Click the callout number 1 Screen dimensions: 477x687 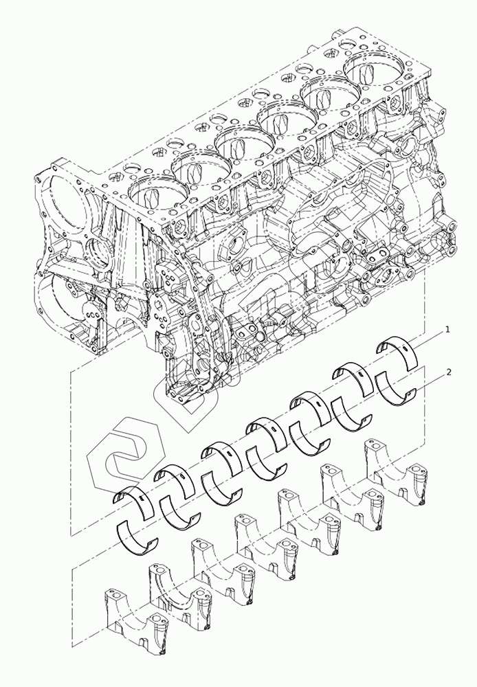(x=447, y=330)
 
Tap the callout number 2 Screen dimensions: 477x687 (x=449, y=372)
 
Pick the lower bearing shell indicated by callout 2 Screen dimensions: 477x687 (x=398, y=389)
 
